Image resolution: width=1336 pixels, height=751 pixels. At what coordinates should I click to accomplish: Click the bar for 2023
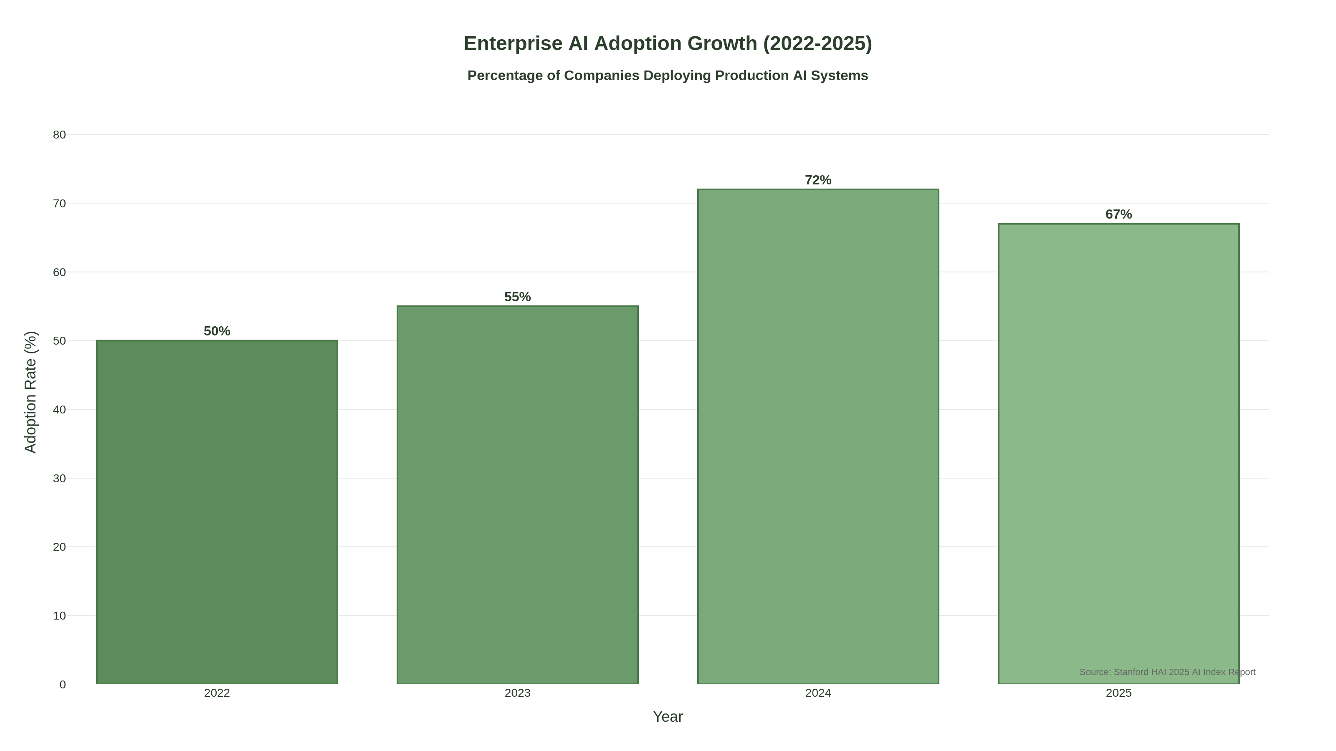coord(518,495)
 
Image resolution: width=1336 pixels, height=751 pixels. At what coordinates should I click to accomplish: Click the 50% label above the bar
coord(217,331)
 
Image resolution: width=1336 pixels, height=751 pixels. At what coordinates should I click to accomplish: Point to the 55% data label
coord(518,297)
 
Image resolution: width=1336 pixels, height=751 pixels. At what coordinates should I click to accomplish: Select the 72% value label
coord(818,180)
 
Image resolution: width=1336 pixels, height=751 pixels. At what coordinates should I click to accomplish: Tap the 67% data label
coord(1119,214)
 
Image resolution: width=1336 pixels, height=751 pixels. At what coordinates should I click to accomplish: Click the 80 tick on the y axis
coord(59,135)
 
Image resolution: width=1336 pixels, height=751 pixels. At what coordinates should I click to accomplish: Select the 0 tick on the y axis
coord(62,685)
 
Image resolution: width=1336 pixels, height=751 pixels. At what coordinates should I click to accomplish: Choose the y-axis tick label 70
coord(59,204)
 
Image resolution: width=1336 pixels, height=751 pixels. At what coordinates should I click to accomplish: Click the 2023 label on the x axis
coord(518,693)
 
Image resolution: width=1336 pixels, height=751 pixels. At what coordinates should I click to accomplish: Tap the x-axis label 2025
coord(1119,693)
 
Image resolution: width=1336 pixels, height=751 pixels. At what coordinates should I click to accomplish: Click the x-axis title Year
coord(668,717)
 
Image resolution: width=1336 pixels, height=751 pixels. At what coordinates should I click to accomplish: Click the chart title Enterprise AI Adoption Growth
coord(668,43)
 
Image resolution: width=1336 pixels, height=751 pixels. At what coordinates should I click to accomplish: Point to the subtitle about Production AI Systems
coord(668,76)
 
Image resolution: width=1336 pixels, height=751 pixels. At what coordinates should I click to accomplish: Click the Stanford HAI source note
coord(1167,672)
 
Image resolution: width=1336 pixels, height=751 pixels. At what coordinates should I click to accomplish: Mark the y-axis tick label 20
coord(59,547)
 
